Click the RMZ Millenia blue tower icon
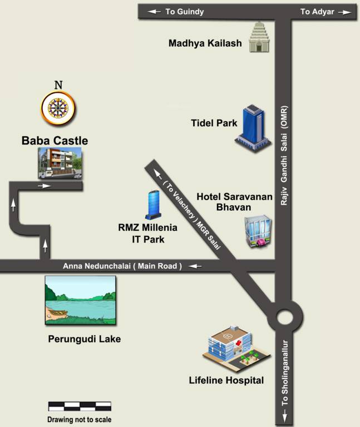click(153, 204)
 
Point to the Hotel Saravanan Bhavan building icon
click(258, 232)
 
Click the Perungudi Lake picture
click(81, 300)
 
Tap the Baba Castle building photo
click(60, 163)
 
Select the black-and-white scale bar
click(80, 406)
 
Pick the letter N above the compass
click(58, 85)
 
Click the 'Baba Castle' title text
click(55, 140)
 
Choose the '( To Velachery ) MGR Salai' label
click(191, 212)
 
